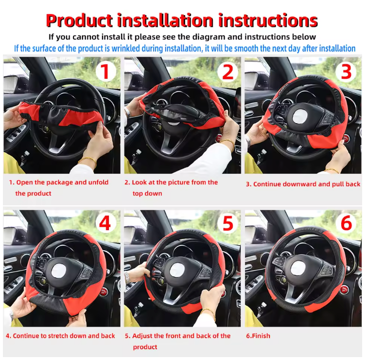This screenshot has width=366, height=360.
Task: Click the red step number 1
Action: click(x=105, y=72)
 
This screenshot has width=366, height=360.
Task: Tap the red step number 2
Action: click(x=228, y=72)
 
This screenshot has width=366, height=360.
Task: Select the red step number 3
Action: click(x=346, y=72)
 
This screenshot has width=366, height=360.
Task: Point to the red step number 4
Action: click(x=105, y=224)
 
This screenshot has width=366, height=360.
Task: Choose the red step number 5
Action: click(x=228, y=224)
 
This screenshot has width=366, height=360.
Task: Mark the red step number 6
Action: click(x=346, y=224)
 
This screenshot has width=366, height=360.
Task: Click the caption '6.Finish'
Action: click(x=258, y=336)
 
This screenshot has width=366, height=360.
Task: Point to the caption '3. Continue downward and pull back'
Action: click(x=303, y=184)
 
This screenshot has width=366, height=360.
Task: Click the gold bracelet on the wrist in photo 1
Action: click(x=87, y=160)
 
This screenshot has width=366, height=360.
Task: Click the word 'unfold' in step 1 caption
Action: click(x=99, y=182)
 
